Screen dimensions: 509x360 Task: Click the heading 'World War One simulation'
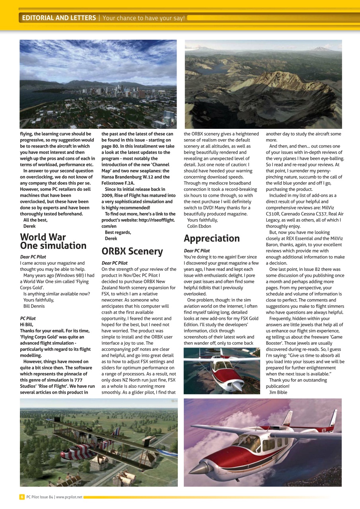click(53, 241)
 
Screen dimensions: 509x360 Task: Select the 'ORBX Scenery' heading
click(132, 251)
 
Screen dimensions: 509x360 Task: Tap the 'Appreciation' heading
click(212, 238)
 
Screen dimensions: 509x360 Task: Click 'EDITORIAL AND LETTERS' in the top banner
click(59, 18)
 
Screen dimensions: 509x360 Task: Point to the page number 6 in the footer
click(22, 497)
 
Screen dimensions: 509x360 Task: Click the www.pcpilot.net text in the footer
click(69, 497)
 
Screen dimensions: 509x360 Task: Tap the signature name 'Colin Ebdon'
click(199, 226)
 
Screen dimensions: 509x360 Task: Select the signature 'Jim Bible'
click(278, 392)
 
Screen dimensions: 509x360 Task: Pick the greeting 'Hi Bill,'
click(27, 324)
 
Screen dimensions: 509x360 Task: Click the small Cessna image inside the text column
click(222, 371)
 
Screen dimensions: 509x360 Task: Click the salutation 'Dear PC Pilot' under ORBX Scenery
click(115, 263)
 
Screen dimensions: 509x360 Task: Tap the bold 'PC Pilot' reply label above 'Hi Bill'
click(28, 319)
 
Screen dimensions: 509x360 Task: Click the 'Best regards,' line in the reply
click(118, 232)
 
